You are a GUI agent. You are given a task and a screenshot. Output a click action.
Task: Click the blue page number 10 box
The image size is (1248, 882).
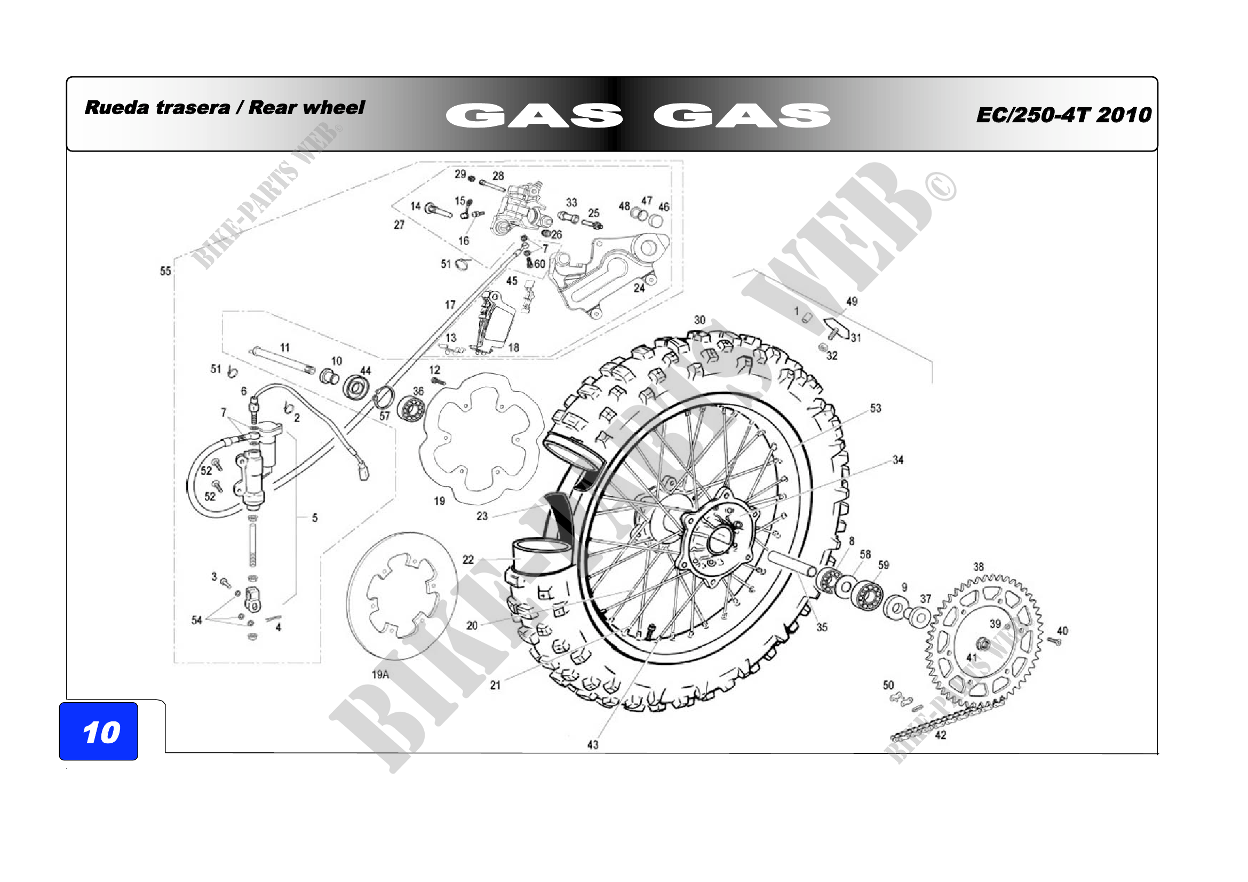pos(98,731)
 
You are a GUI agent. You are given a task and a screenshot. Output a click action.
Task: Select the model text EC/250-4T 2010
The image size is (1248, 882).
pos(1064,115)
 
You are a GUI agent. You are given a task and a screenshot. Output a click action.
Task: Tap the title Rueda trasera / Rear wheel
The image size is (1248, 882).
pos(225,108)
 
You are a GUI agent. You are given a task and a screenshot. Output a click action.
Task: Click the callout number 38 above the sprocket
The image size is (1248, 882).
pos(979,567)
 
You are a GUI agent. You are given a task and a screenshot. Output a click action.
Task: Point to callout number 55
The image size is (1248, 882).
pos(165,271)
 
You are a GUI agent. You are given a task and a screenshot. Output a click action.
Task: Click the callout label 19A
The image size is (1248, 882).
pos(380,674)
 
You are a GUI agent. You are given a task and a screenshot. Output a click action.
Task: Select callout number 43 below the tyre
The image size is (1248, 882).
pos(592,744)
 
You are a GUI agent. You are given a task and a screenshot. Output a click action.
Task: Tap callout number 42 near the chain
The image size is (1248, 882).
pos(940,735)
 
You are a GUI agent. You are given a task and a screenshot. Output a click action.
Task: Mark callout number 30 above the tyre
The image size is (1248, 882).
pos(699,320)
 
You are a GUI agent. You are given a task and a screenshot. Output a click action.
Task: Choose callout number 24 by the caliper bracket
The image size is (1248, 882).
pos(639,288)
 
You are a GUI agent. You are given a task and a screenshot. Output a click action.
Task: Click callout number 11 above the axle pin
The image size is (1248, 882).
pos(285,347)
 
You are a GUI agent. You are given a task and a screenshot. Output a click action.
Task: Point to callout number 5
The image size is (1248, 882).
pos(315,518)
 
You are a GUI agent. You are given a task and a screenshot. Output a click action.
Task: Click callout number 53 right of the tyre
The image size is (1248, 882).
pos(876,408)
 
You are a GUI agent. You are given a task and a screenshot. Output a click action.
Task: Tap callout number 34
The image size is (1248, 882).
pos(898,460)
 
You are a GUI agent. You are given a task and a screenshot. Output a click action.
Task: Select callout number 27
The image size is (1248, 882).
pos(399,225)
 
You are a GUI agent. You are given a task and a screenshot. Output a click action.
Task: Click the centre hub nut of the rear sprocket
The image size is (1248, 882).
pos(983,645)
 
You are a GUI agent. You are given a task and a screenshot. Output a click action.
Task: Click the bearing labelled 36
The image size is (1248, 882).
pos(411,409)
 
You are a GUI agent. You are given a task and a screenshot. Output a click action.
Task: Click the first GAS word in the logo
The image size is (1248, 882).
pos(534,115)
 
